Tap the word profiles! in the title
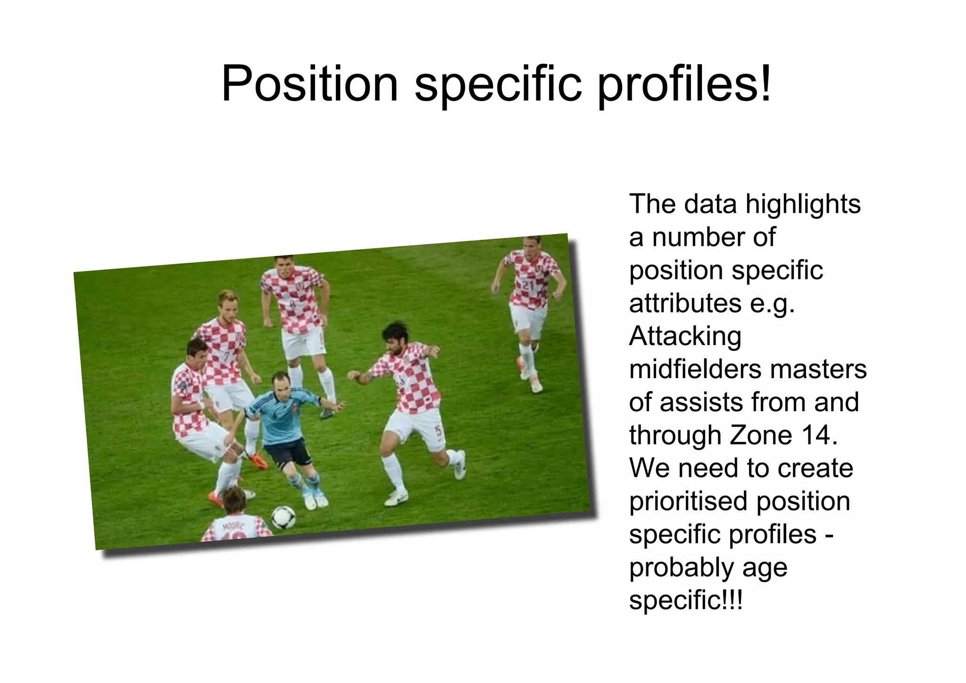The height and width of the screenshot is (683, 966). pyautogui.click(x=684, y=84)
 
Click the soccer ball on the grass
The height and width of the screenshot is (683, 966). pyautogui.click(x=283, y=517)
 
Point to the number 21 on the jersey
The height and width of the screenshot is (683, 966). pyautogui.click(x=528, y=285)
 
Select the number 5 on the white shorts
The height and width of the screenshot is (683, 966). pyautogui.click(x=438, y=430)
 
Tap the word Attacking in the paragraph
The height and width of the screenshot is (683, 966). pyautogui.click(x=685, y=336)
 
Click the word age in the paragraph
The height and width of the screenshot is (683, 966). pyautogui.click(x=765, y=567)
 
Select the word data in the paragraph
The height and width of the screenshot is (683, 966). pyautogui.click(x=710, y=204)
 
